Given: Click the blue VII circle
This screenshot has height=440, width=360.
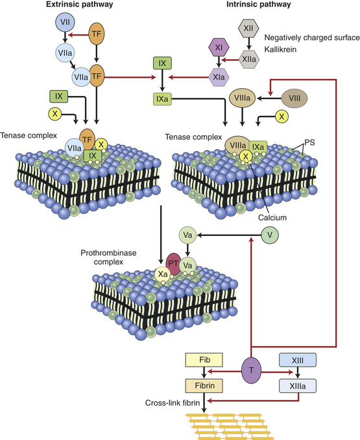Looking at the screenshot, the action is [x=65, y=22].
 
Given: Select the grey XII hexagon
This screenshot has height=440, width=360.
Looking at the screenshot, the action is [x=248, y=29].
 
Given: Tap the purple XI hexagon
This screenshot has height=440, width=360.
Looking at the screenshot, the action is [x=219, y=47].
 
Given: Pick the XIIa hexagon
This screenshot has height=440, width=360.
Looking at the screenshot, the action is [x=249, y=59].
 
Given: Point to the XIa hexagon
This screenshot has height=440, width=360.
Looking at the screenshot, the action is [x=219, y=76].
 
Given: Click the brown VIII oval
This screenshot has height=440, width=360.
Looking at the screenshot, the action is [x=294, y=98].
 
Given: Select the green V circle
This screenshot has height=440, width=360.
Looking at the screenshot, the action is [x=270, y=235].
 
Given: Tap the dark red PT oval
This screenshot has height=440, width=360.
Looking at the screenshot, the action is [x=173, y=264].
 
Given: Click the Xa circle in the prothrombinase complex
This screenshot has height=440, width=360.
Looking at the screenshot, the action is [x=163, y=274].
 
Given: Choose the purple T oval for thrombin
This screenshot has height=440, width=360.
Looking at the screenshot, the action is [x=251, y=370].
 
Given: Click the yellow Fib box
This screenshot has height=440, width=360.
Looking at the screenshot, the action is [x=204, y=360].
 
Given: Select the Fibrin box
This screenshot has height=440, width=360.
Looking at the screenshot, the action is [x=204, y=386].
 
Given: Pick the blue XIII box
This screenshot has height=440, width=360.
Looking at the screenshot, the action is [x=298, y=360].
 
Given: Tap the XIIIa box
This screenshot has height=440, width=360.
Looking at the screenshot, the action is [x=298, y=386].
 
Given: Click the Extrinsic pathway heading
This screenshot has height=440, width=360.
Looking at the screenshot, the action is [x=80, y=5].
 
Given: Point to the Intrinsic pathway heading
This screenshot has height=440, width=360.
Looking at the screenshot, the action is [x=259, y=5].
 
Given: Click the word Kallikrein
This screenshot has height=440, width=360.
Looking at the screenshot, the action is [x=280, y=50].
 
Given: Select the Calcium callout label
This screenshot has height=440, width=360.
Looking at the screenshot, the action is [x=272, y=218].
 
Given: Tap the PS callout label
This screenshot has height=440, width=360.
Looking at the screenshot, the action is [x=310, y=143].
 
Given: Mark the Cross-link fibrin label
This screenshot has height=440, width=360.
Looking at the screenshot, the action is [x=173, y=403].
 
